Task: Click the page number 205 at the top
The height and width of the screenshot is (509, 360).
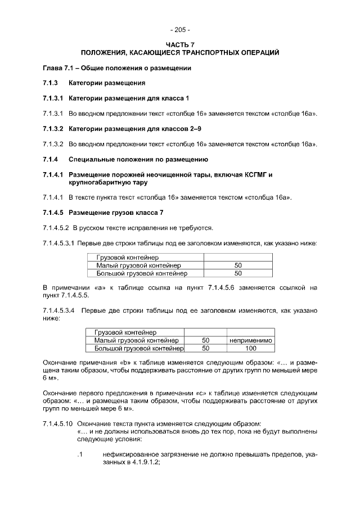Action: [x=180, y=30]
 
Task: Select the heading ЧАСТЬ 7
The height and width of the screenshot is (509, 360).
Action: [x=180, y=44]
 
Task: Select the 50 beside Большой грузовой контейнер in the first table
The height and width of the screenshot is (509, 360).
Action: [x=238, y=273]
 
